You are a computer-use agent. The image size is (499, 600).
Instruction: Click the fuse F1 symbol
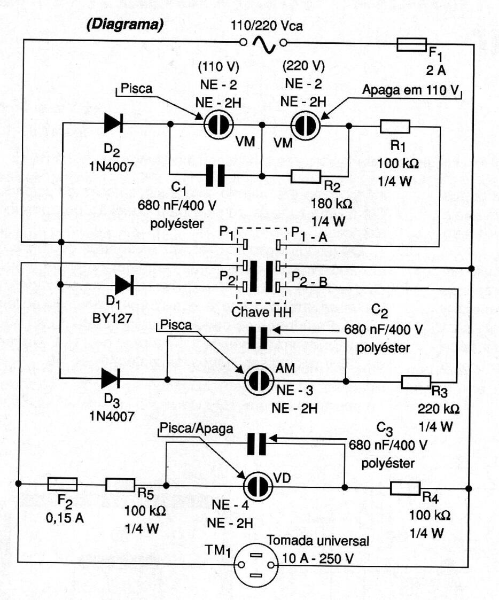coord(411,45)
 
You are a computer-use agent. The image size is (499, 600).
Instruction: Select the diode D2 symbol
coord(113,123)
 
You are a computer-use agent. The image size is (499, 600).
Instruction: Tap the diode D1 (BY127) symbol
coord(124,286)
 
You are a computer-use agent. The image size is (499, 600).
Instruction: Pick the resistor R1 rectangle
coord(395,127)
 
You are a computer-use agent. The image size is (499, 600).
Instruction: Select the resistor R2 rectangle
coord(306,175)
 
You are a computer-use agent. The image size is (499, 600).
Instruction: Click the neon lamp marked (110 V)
coord(219,124)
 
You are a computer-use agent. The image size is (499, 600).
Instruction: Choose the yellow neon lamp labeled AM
coord(260,380)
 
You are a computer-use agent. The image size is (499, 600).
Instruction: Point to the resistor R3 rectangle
coord(416,381)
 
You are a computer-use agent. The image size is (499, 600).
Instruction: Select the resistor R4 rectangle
coord(406,488)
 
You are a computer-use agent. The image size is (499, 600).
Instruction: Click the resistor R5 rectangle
coord(120,485)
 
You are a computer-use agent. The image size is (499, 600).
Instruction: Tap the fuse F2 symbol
coord(63,485)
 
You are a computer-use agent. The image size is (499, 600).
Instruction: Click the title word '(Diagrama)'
coord(124,26)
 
